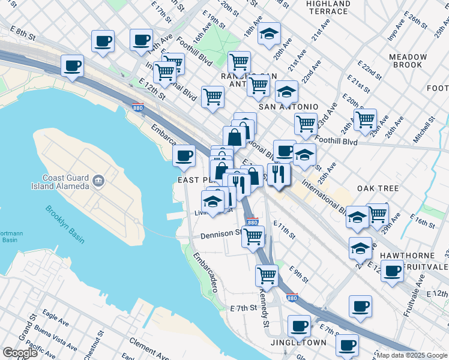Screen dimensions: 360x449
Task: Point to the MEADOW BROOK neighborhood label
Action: tap(408, 61)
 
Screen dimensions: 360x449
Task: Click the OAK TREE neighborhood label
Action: tap(378, 188)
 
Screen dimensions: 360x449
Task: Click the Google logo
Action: tap(20, 353)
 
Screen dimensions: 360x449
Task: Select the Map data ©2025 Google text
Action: tap(411, 355)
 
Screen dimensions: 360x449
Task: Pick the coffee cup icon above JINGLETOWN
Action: tap(298, 326)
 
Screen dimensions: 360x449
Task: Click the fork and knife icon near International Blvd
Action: tap(279, 173)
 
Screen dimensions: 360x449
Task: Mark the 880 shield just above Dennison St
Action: tap(253, 222)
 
